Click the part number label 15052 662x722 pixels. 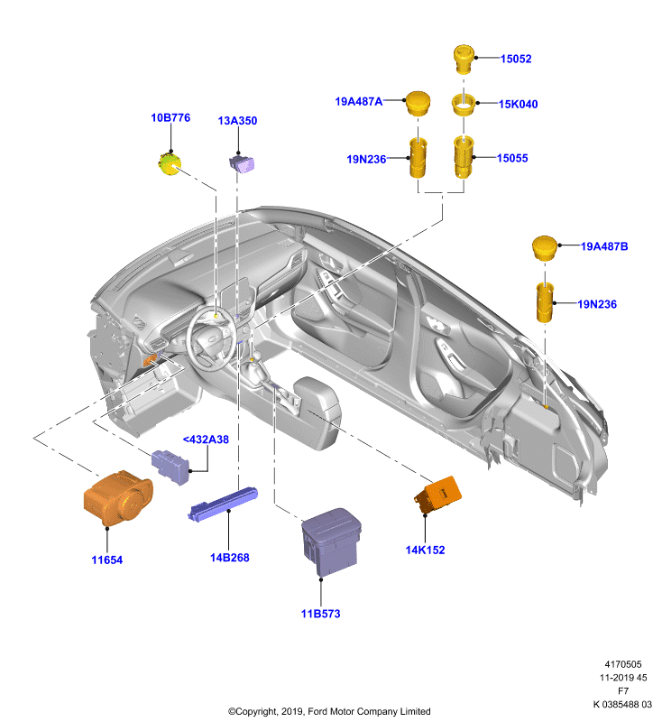(516, 59)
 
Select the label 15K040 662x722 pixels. (518, 104)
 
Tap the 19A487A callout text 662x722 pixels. (358, 101)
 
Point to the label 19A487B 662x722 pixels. (604, 246)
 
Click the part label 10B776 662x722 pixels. (170, 117)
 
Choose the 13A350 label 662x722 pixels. (237, 121)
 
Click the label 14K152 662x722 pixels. (425, 550)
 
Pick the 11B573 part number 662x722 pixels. (321, 614)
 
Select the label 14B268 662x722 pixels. (230, 558)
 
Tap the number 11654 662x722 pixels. (107, 560)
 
